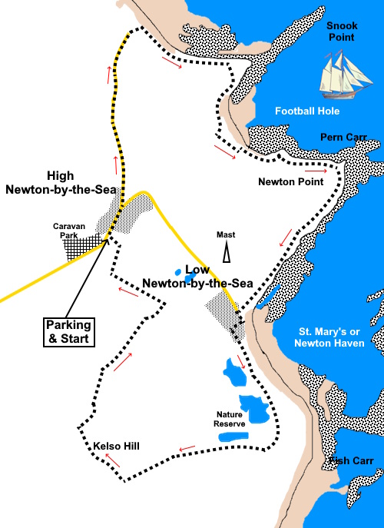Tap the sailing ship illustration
point(343,75)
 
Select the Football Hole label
point(307,111)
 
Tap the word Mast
point(226,235)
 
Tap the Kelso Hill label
point(116,445)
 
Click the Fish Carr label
point(351,461)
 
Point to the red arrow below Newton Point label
point(285,237)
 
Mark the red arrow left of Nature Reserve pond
point(184,450)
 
